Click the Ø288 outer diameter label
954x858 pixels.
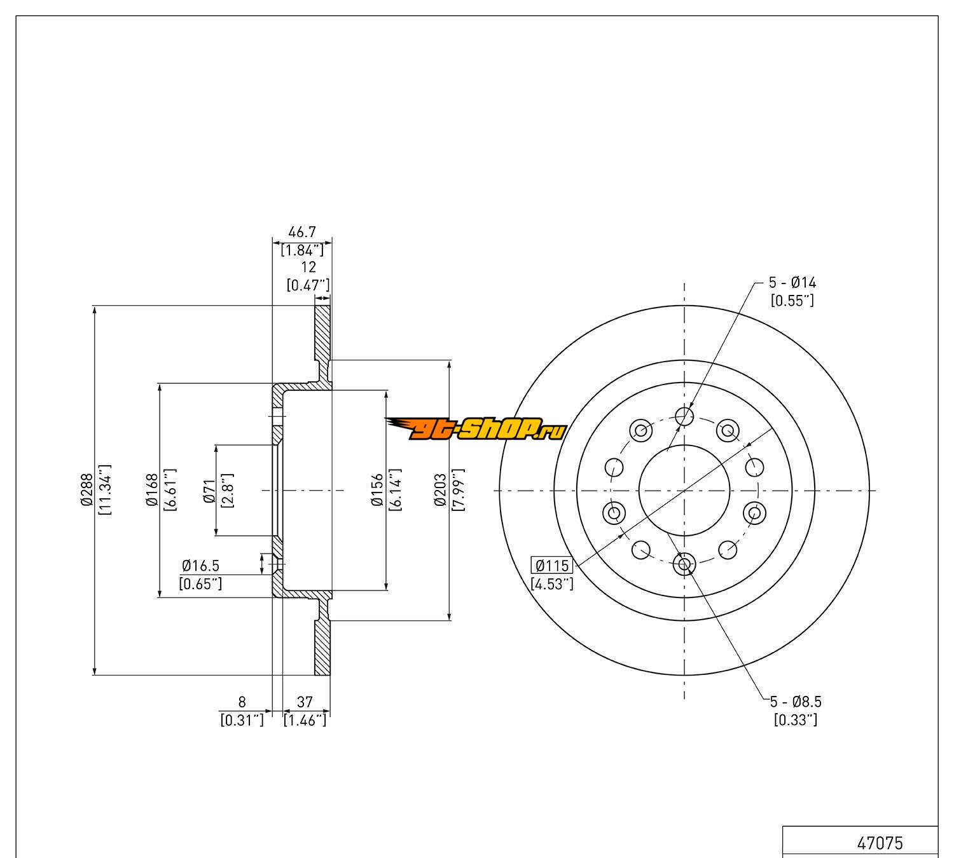(x=86, y=489)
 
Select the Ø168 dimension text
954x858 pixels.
(x=152, y=489)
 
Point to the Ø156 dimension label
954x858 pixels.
(x=377, y=489)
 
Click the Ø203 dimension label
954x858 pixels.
(x=440, y=489)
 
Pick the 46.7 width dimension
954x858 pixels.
(x=302, y=232)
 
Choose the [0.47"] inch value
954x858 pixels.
(x=308, y=285)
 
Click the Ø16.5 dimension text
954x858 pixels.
(x=201, y=566)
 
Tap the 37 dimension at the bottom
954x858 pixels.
(x=305, y=702)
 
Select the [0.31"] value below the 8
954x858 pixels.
(x=242, y=720)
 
